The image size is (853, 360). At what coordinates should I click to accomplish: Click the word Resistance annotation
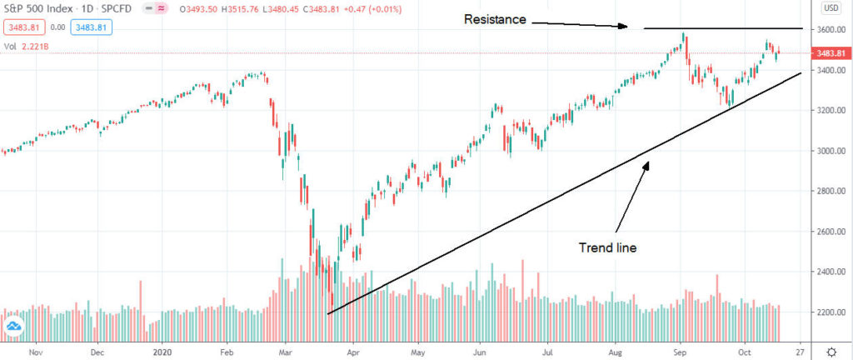tap(496, 18)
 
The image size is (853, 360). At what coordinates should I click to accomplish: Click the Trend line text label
tap(608, 247)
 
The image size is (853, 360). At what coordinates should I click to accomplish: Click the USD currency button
tap(831, 9)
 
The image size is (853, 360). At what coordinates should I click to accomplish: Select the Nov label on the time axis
tap(35, 352)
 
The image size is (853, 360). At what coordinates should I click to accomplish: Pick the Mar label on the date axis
tap(286, 352)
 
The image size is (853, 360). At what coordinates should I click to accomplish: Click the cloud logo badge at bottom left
tap(13, 327)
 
